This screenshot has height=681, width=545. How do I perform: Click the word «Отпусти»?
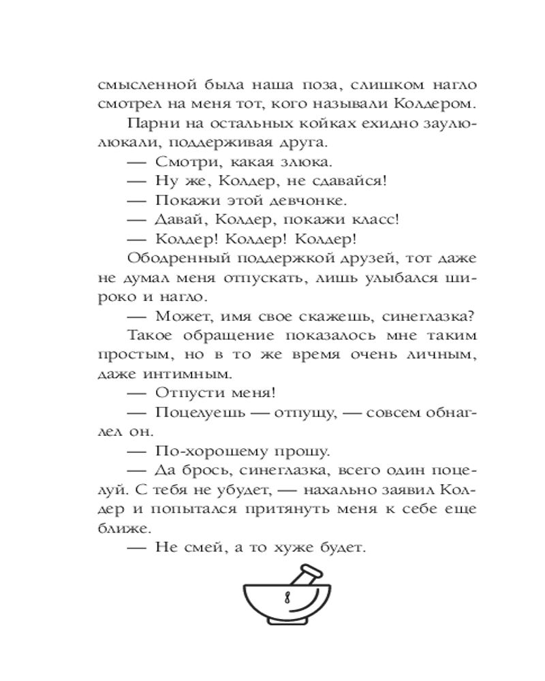[187, 393]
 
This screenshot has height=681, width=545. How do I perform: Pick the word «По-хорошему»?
[212, 450]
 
